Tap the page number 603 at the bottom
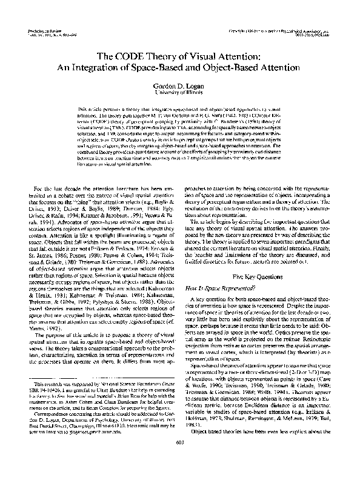coord(180,464)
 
